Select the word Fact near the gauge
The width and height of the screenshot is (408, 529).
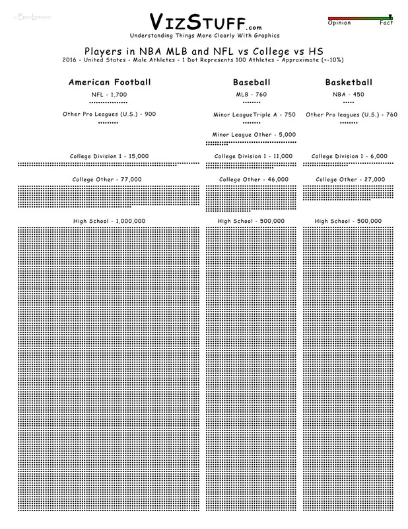coord(387,23)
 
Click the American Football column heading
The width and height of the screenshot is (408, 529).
coord(110,83)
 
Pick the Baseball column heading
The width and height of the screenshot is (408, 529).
coord(252,83)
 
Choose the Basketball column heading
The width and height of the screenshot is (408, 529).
coord(349,83)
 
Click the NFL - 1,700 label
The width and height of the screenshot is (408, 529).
coord(110,95)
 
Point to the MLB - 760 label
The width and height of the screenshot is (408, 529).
coord(252,95)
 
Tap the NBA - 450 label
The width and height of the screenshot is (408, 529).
coord(349,95)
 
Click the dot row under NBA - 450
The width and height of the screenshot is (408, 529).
coord(349,103)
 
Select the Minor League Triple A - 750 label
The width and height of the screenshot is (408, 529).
coord(254,114)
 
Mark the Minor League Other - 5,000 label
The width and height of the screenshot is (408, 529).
coord(254,134)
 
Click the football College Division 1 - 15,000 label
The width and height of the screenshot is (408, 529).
coord(110,156)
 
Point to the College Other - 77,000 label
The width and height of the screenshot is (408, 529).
coord(110,179)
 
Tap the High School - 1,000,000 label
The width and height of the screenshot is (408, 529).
coord(110,221)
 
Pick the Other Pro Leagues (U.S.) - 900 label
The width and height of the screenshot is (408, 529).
coord(108,114)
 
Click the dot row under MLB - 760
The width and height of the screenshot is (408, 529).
coord(252,103)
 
